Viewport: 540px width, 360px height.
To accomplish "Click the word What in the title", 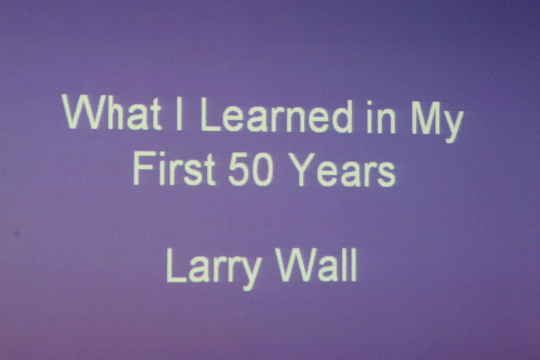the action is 112,113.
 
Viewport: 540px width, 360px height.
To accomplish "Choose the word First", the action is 174,169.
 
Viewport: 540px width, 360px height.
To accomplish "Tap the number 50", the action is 250,169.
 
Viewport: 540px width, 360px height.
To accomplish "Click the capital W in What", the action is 84,112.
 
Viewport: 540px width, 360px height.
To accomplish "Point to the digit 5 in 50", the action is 239,169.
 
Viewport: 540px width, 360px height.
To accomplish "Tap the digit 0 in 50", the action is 263,170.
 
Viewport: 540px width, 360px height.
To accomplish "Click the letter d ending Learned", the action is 340,116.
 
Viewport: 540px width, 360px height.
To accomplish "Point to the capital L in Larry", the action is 177,265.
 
